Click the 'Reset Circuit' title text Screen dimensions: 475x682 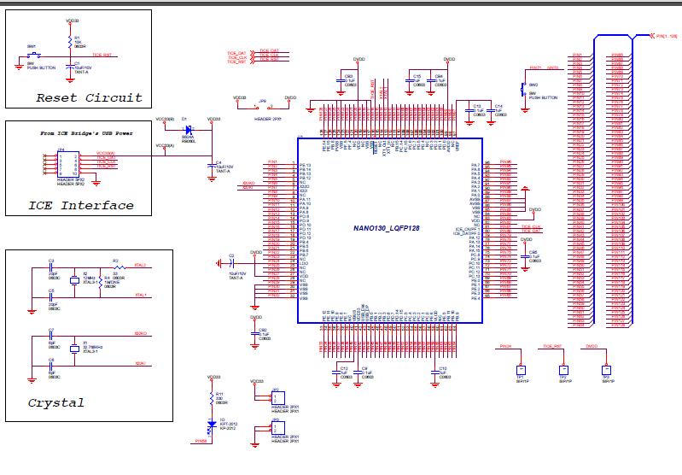coord(89,97)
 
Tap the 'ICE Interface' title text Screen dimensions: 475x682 coord(81,205)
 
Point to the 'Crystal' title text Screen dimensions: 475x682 coord(56,402)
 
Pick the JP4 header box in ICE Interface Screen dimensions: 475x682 coord(66,164)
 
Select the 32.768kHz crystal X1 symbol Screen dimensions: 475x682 coord(75,349)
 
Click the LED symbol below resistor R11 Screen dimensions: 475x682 coord(210,422)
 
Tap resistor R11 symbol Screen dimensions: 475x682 coord(210,397)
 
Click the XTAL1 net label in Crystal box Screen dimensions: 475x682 coord(140,296)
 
